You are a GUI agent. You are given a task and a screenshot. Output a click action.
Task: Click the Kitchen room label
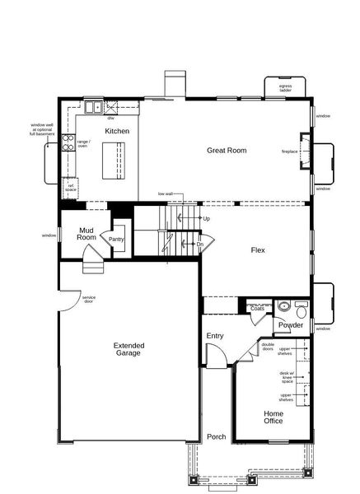(117, 131)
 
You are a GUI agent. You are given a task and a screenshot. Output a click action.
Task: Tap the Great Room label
(227, 151)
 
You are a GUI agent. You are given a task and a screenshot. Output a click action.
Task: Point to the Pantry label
(116, 240)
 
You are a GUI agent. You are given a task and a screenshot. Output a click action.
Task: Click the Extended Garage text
(128, 348)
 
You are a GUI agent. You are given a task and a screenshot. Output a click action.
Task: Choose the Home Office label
(274, 417)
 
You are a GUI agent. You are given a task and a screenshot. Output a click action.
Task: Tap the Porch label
(217, 436)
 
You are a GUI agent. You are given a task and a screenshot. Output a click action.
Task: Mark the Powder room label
(290, 325)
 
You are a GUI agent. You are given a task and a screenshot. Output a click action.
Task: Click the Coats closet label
(257, 309)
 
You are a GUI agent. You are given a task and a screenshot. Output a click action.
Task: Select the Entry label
(215, 336)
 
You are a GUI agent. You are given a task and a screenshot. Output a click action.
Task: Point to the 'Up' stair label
(206, 219)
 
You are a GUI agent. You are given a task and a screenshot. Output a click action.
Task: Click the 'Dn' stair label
(199, 245)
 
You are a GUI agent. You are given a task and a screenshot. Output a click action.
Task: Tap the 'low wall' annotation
(165, 194)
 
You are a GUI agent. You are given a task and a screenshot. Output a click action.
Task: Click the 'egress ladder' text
(285, 87)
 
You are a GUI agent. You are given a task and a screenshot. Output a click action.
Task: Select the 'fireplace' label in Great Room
(289, 152)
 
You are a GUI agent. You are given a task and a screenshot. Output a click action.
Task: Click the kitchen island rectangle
(115, 158)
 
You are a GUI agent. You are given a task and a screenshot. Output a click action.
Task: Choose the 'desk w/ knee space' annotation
(287, 376)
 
